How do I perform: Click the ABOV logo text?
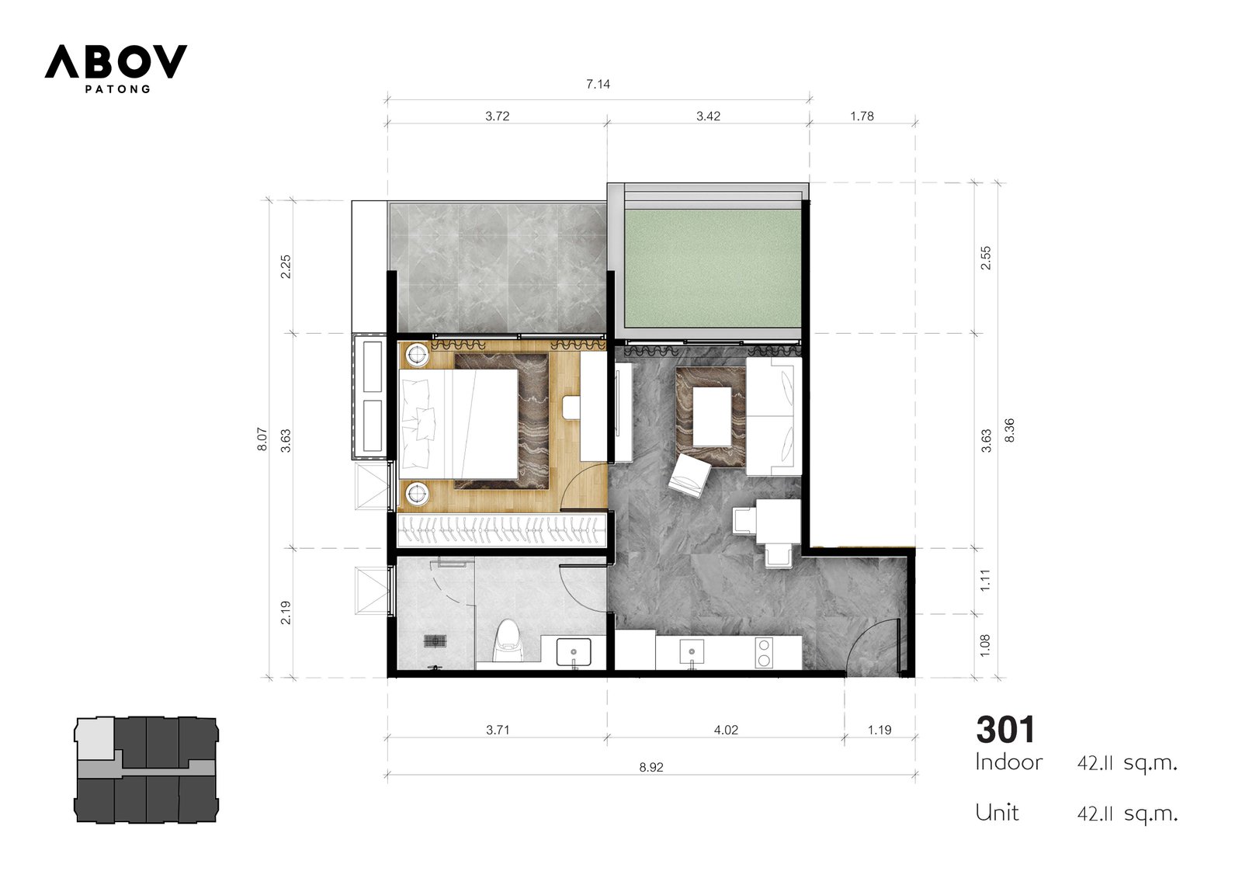(x=116, y=61)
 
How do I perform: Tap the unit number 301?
(x=1005, y=730)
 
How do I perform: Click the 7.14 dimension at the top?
(x=598, y=85)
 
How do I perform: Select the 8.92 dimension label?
(x=651, y=767)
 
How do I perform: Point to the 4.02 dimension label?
(x=726, y=730)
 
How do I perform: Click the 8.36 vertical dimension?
(x=1010, y=430)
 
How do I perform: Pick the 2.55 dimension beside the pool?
(x=986, y=258)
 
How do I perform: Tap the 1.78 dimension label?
(x=862, y=116)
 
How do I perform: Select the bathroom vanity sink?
(x=574, y=652)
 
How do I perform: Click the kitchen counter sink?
(x=692, y=653)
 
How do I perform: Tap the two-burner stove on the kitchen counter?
(x=764, y=653)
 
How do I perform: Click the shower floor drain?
(x=435, y=641)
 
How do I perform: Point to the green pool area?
(x=713, y=269)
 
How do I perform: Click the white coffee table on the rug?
(x=712, y=417)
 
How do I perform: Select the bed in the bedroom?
(x=459, y=425)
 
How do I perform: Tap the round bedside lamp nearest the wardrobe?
(x=417, y=492)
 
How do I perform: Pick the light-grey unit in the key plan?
(x=96, y=738)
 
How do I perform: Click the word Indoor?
(x=1008, y=762)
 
